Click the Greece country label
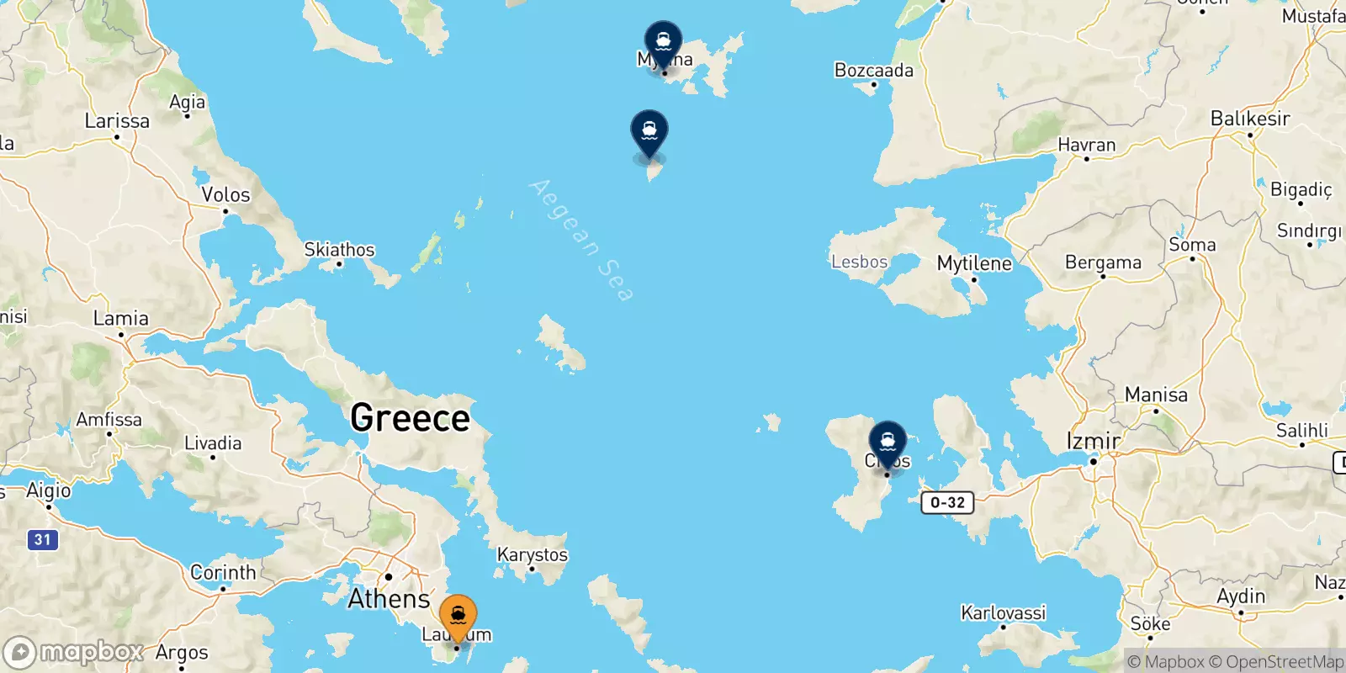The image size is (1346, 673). point(410,417)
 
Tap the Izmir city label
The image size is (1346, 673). point(1093,441)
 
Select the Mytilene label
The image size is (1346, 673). point(974,263)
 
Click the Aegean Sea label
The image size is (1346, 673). point(581,240)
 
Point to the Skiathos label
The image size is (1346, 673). point(339,250)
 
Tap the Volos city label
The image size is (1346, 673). point(225,195)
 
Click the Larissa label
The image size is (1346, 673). point(117,121)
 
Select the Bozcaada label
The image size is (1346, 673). point(873,71)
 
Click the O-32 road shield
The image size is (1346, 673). point(947,502)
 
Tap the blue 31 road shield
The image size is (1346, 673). point(42,539)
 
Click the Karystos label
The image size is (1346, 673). point(532,555)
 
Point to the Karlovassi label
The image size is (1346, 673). point(1003,612)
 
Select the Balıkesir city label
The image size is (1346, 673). point(1250,119)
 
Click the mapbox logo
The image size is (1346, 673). point(73,652)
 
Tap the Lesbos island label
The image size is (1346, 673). point(859,262)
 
